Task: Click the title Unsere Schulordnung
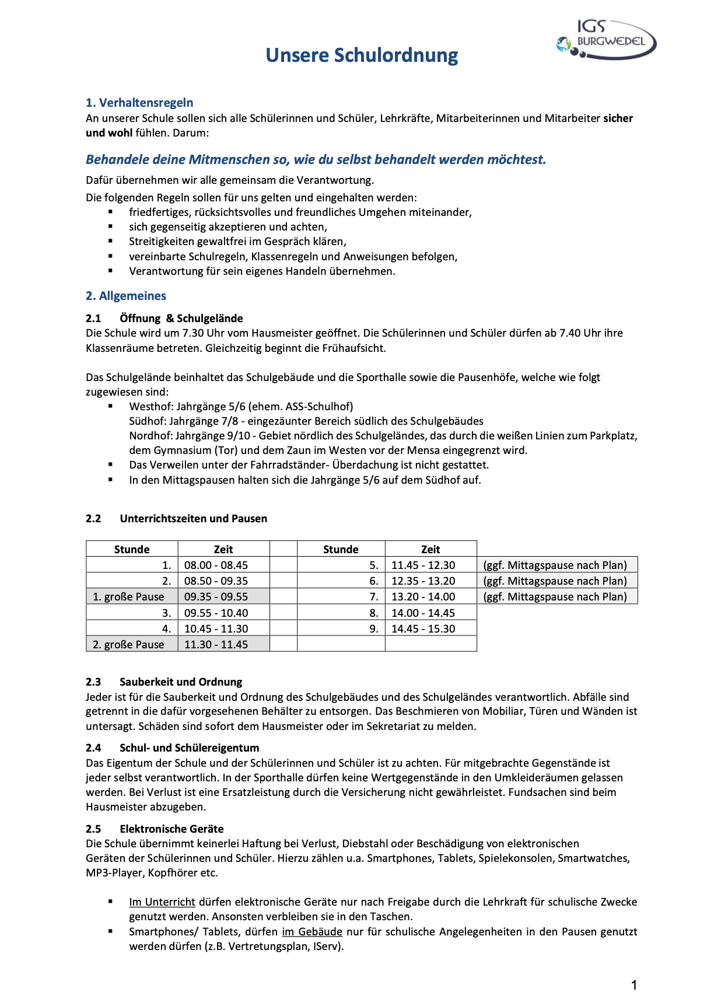coord(362,55)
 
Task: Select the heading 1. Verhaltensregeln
coord(139,103)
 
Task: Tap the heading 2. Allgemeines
coord(126,296)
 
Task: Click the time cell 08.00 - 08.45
coord(216,565)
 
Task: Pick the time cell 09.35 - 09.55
coord(216,596)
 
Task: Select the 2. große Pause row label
coord(128,644)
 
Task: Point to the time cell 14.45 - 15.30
coord(423,628)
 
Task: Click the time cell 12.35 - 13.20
coord(423,581)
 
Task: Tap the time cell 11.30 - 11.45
coord(216,644)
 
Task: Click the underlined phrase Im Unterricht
coord(162,902)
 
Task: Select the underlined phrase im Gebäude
coord(312,932)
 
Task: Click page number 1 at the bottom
coord(634,986)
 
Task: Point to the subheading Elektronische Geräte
coord(171,829)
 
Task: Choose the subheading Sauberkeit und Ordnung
coord(181,682)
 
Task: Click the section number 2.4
coord(93,747)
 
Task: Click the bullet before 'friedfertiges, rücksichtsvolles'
coord(110,212)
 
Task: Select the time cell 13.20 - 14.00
coord(423,596)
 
